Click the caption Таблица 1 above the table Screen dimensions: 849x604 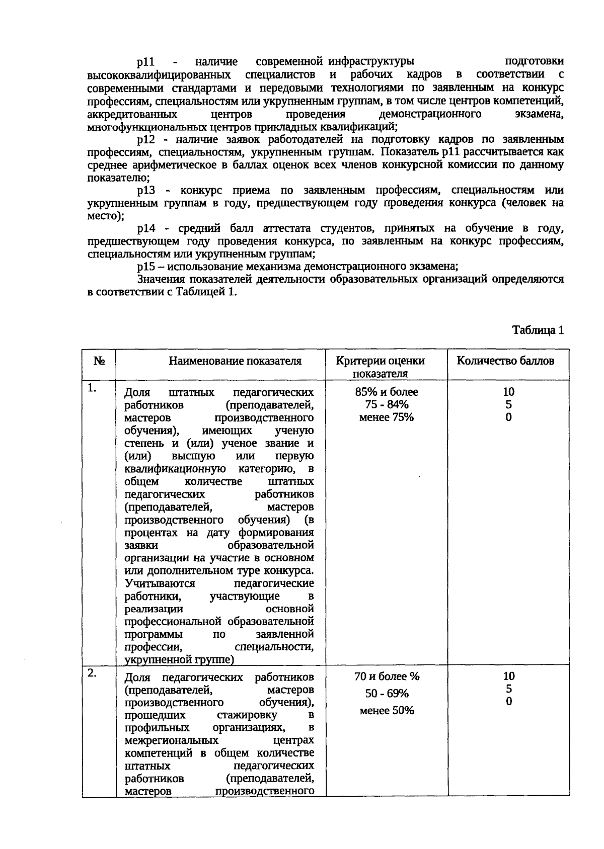pos(538,330)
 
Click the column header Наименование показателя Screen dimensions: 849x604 pos(235,361)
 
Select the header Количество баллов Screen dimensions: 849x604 pos(505,361)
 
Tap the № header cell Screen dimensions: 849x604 pos(99,361)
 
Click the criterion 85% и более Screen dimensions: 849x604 pos(387,392)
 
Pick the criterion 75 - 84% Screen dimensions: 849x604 pos(387,404)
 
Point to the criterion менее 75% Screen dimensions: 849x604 pos(387,417)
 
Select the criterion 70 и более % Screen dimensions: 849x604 pos(387,676)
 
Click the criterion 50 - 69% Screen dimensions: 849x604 pos(387,694)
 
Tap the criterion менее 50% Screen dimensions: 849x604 pos(387,711)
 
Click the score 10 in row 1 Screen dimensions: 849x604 pos(508,392)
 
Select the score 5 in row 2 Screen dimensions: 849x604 pos(509,689)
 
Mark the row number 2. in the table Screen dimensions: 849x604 pos(92,673)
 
